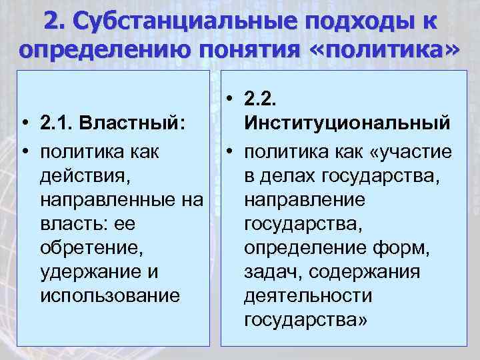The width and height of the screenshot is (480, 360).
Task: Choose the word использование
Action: (x=109, y=295)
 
